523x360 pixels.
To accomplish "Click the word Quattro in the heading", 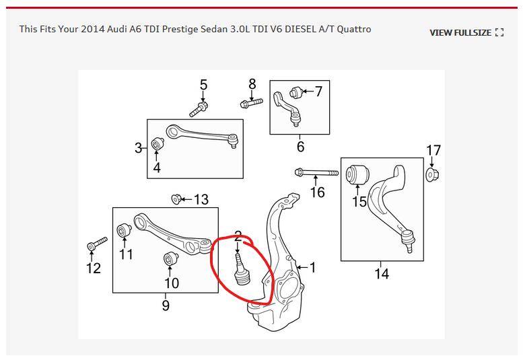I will click(x=351, y=29).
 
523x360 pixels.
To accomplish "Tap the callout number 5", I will click(x=203, y=85).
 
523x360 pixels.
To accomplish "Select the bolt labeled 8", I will click(x=250, y=103).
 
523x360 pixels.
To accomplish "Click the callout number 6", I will click(x=300, y=146).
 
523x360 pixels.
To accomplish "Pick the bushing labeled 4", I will click(x=158, y=145).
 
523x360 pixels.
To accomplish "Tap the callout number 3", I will click(x=139, y=147).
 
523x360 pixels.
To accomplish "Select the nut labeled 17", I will click(x=433, y=176).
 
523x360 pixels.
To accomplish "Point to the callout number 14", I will click(x=382, y=274).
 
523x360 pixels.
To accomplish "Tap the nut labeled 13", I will click(x=177, y=199).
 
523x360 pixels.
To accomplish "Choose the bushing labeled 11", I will click(x=125, y=231).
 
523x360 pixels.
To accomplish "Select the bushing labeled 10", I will click(x=170, y=259).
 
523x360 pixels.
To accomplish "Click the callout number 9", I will click(x=166, y=305).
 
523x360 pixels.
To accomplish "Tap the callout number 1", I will click(x=312, y=267).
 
